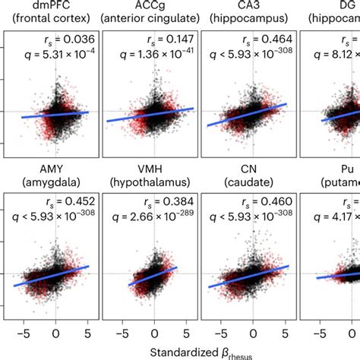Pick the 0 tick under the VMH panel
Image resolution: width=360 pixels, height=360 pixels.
pos(154,332)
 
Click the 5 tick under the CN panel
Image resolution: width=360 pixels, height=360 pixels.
pos(285,332)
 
